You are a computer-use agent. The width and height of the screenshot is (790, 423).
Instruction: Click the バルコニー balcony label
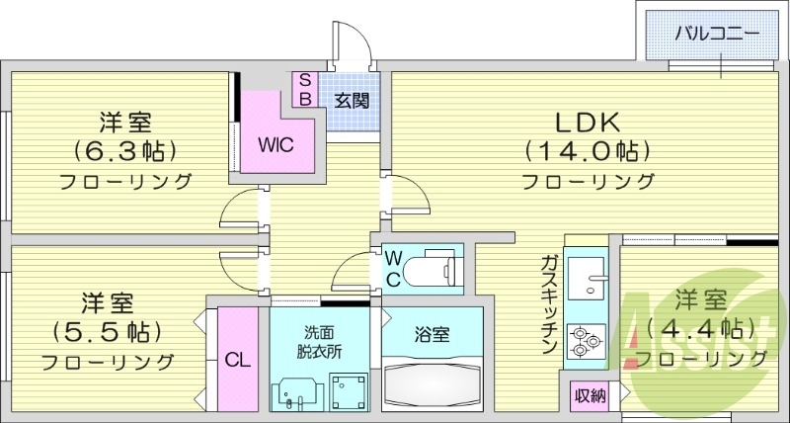click(718, 33)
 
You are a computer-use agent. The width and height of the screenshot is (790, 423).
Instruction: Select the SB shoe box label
click(305, 89)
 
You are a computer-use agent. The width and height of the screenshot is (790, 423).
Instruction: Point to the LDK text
click(586, 123)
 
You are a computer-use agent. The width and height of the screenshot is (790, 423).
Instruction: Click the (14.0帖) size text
click(586, 151)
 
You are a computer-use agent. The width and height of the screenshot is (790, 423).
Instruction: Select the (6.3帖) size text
click(124, 151)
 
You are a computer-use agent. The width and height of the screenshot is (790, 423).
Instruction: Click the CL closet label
click(236, 360)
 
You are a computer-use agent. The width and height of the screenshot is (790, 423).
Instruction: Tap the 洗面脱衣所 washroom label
click(319, 341)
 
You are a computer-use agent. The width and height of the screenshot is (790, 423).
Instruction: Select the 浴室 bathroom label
click(432, 335)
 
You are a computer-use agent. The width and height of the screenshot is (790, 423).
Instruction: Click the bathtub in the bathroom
click(432, 382)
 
